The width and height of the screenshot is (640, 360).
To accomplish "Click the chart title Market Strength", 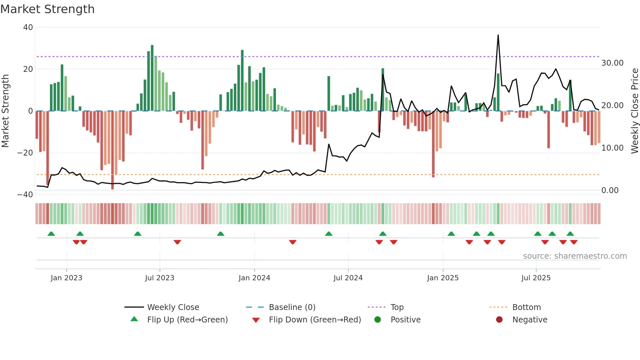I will pos(47,9).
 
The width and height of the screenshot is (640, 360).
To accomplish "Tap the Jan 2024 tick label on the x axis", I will pos(254,278).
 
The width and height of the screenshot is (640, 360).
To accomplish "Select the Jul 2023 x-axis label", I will pos(160,278).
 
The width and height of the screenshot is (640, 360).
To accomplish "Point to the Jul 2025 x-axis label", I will pos(536,278).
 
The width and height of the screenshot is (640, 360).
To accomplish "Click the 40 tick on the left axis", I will pos(28,27).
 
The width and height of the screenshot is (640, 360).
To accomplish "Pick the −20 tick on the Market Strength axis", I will pos(25,153).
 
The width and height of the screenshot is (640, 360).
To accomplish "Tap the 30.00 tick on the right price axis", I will pos(612,63).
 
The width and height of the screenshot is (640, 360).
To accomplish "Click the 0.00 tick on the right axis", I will pos(610,190).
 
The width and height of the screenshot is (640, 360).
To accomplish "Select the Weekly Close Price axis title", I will pos(634,111).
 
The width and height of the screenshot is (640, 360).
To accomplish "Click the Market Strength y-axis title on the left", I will pos(5,111).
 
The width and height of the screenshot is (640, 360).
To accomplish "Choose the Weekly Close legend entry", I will pos(173,307).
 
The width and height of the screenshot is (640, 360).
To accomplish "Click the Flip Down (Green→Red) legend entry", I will pos(314,320).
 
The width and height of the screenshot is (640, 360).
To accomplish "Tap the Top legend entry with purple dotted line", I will pos(397,307).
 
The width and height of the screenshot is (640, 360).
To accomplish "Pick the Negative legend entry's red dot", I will pos(499,320).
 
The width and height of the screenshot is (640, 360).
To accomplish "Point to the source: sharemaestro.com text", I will pos(575,256).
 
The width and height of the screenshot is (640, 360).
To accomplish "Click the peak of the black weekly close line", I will pos(498,35).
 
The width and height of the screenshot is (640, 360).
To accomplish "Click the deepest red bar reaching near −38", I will pos(113,150).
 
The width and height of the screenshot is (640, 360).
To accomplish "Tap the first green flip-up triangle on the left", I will pos(51,234).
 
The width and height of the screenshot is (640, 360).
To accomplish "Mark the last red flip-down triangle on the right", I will pos(574,242).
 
